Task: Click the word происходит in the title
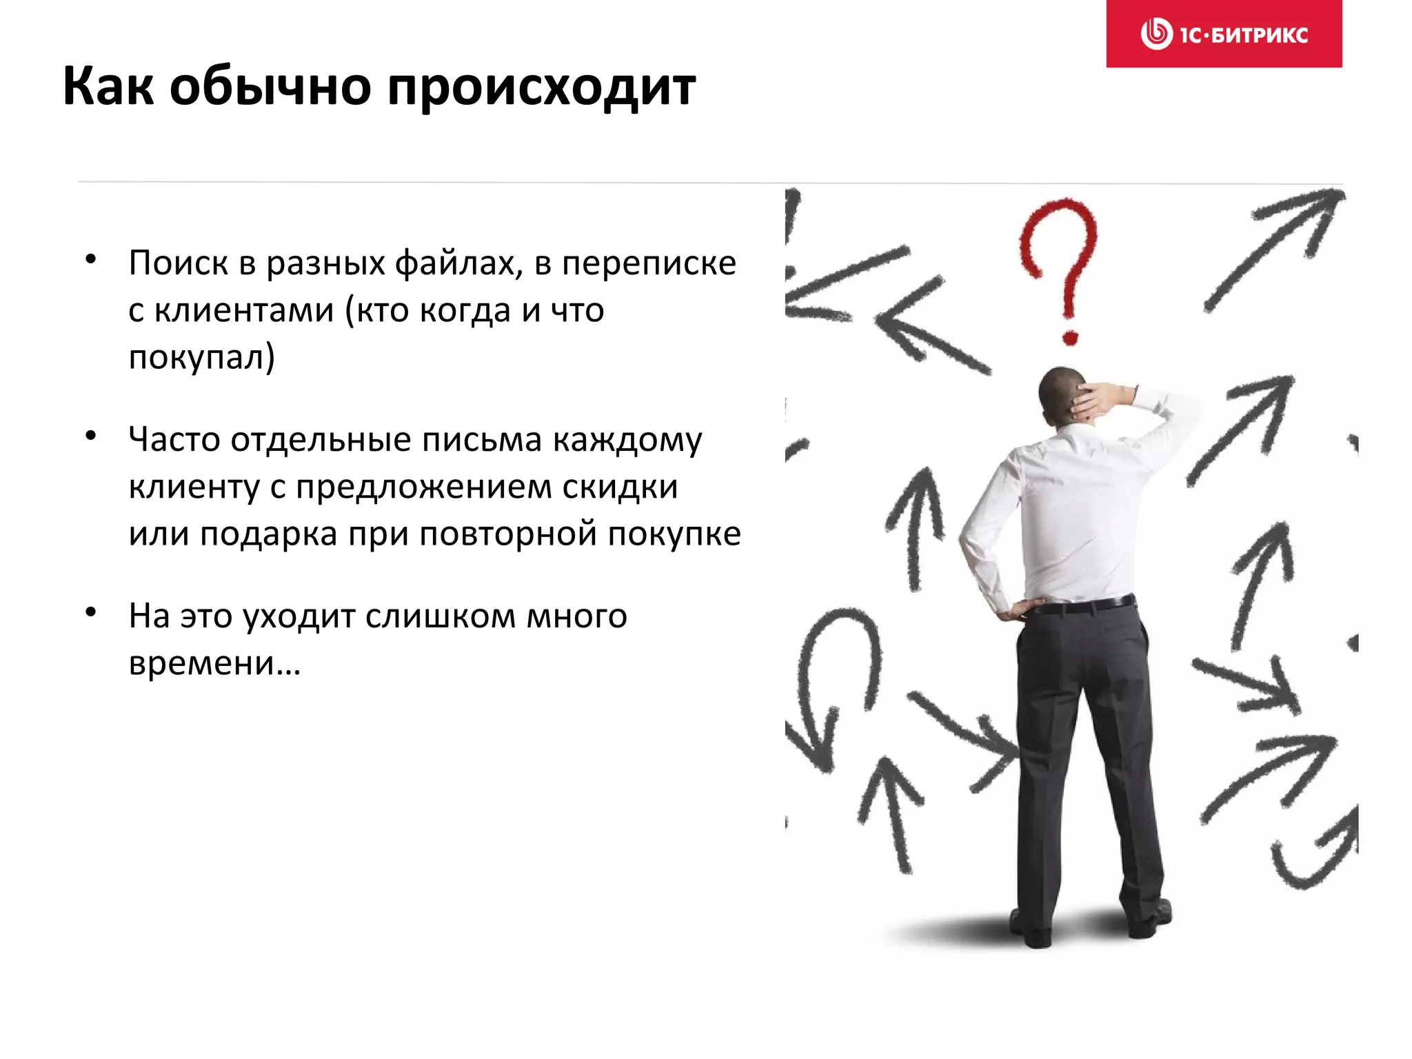tap(541, 88)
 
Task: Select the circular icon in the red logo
tap(1156, 34)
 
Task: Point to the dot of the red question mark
tap(1069, 337)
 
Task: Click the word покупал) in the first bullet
tap(201, 357)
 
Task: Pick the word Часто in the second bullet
tap(174, 440)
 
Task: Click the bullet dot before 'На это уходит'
tap(90, 612)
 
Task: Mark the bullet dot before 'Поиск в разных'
tap(90, 259)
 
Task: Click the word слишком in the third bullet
tap(440, 616)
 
